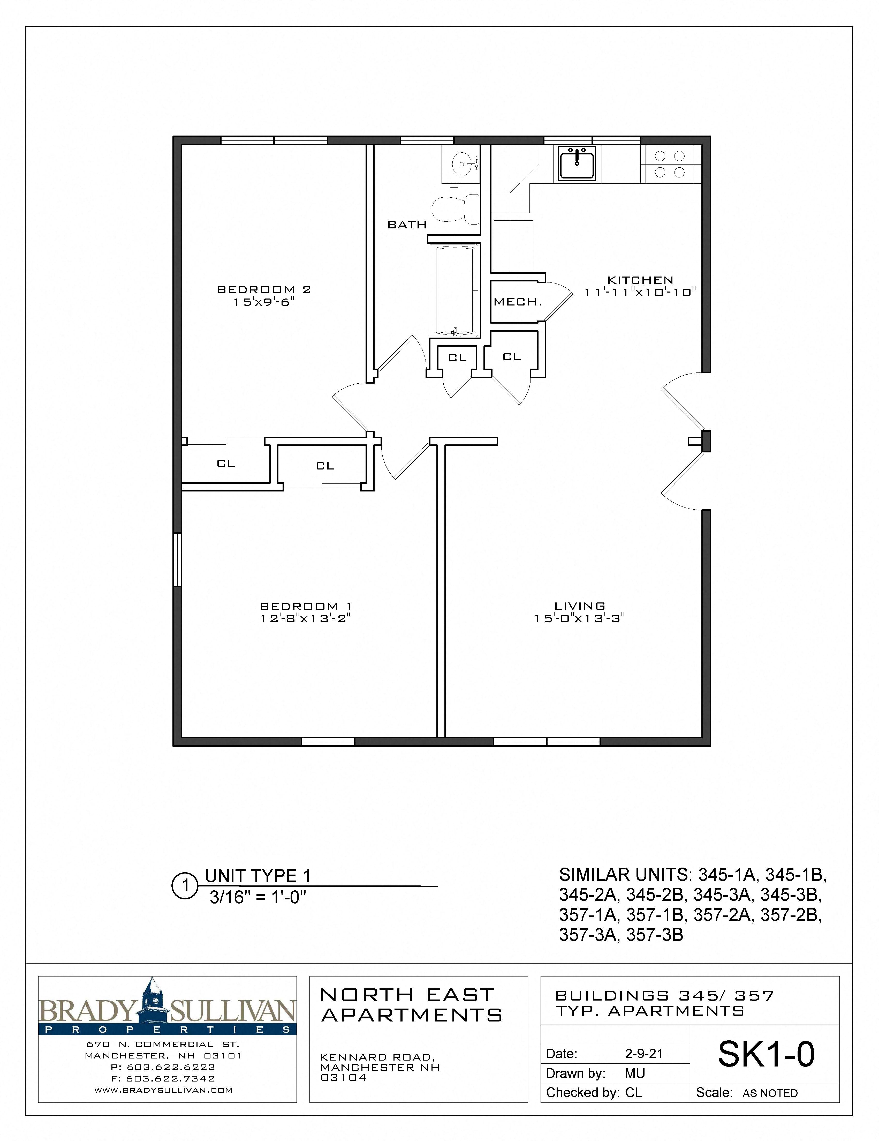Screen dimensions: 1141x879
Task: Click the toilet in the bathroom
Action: [456, 209]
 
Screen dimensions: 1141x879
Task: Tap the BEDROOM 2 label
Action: [264, 289]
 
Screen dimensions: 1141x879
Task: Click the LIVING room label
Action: [580, 606]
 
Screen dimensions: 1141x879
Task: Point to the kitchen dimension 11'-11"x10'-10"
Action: [640, 293]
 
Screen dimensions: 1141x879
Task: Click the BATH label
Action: [407, 225]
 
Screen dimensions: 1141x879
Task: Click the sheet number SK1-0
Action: [766, 1054]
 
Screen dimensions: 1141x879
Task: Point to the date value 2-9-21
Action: [644, 1054]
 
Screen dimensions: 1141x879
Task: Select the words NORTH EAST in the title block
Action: [407, 995]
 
